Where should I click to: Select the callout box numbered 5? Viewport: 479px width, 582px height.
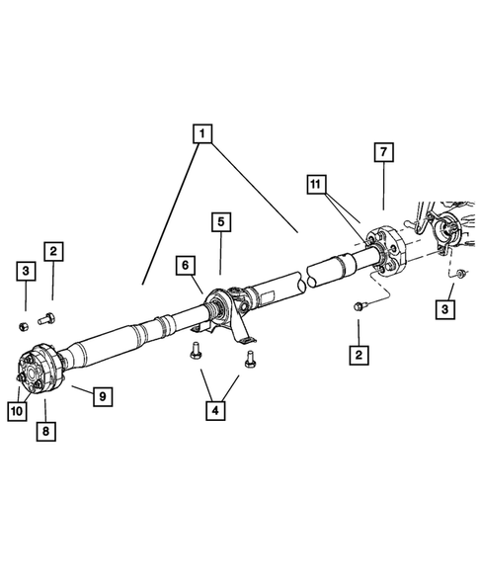pos(220,222)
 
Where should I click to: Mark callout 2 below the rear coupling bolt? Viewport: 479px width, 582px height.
pos(358,353)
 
